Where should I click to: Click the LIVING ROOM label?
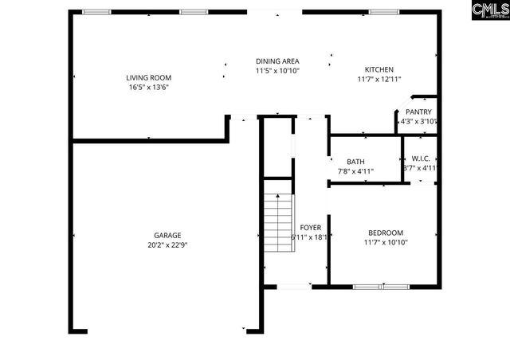tap(147, 77)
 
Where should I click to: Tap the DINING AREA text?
tap(277, 61)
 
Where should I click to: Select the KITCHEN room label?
tap(379, 69)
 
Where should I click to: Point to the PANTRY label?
tap(418, 112)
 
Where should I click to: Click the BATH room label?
tap(355, 162)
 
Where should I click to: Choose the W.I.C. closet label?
tap(420, 158)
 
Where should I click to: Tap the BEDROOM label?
tap(385, 233)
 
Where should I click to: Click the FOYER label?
tap(310, 228)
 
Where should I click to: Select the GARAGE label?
tap(167, 235)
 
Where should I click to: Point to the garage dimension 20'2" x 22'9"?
tap(167, 245)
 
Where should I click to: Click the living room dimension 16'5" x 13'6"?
tap(147, 87)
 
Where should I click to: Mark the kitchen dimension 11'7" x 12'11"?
tap(379, 79)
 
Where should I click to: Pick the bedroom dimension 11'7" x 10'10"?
tap(386, 242)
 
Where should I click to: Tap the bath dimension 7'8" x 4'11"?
tap(355, 171)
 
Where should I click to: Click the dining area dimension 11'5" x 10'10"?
tap(277, 71)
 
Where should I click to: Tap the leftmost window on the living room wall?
tap(97, 11)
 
